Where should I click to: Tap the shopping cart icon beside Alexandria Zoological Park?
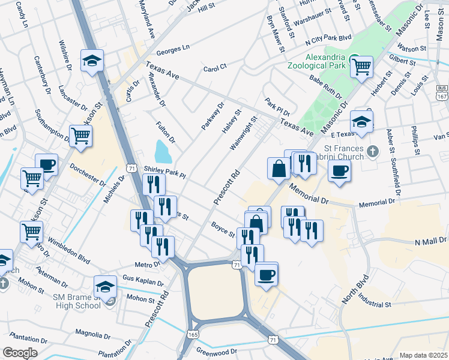(x=361, y=67)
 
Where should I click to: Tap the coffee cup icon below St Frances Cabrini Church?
(x=339, y=170)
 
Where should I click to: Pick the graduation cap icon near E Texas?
(x=361, y=121)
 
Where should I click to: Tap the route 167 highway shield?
(x=442, y=95)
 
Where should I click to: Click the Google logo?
(x=20, y=353)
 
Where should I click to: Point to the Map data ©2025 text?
(x=423, y=355)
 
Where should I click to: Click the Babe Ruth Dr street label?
(x=325, y=87)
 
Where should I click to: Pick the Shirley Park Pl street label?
(x=166, y=172)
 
